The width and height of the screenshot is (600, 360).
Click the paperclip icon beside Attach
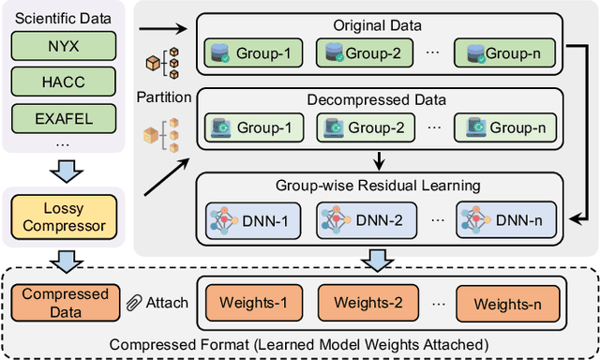134,302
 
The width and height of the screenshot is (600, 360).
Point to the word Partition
165,96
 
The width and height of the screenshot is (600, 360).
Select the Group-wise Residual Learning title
380,187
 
